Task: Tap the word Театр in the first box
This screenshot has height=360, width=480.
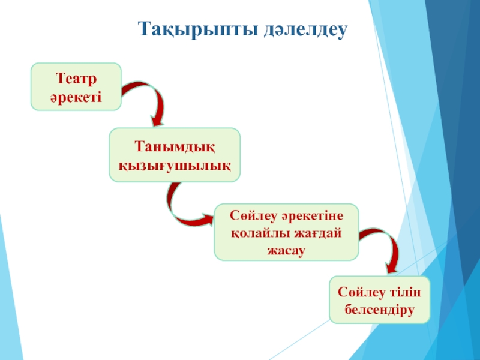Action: pyautogui.click(x=77, y=79)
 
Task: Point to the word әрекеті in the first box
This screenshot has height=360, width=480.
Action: pyautogui.click(x=77, y=95)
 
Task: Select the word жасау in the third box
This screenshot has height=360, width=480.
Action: pyautogui.click(x=286, y=248)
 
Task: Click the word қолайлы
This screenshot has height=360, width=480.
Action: pyautogui.click(x=259, y=232)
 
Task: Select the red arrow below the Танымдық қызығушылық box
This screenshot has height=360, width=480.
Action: pyautogui.click(x=186, y=207)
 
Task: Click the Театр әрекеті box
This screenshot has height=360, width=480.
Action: pyautogui.click(x=77, y=87)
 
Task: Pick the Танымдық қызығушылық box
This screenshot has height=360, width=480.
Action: pyautogui.click(x=175, y=155)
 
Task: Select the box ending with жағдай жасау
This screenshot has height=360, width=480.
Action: pyautogui.click(x=286, y=232)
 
